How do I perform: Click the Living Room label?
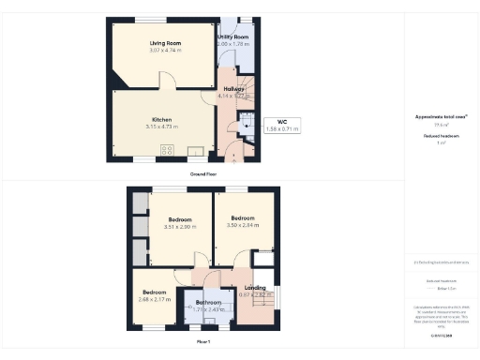(x=165, y=43)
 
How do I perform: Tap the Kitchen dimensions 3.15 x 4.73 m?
(x=164, y=127)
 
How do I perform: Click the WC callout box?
(x=280, y=124)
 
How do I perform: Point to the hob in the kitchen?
(x=166, y=151)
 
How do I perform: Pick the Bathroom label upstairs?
(x=208, y=302)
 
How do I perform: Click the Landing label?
(x=254, y=288)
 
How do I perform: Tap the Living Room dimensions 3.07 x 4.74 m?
(x=165, y=51)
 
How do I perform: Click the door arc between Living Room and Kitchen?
(x=166, y=85)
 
